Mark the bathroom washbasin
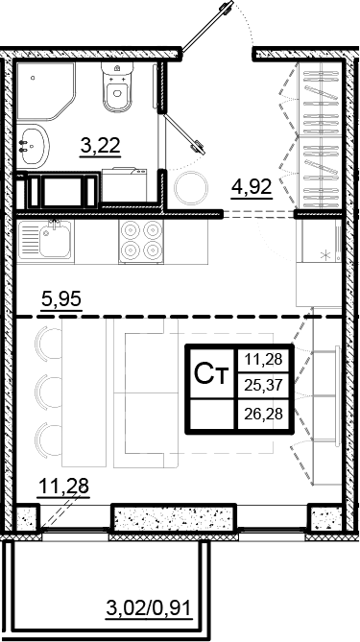pyautogui.click(x=32, y=144)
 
